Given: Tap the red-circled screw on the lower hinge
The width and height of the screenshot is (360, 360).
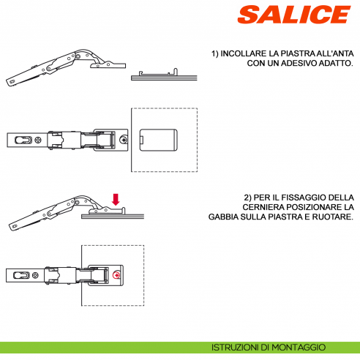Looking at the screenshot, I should coord(117,275).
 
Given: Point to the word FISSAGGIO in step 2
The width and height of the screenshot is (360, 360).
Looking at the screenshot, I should coord(296,198).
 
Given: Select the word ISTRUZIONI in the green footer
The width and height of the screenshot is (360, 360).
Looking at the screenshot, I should coord(235,348).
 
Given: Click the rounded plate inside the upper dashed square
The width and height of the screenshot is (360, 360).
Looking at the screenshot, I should coord(158,139).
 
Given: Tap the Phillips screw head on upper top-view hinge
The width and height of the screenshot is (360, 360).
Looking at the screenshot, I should coord(125,139).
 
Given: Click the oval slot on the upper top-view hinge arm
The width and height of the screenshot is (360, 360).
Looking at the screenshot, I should coord(25,139).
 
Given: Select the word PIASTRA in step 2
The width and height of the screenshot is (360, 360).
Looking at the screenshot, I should coord(293,218).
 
